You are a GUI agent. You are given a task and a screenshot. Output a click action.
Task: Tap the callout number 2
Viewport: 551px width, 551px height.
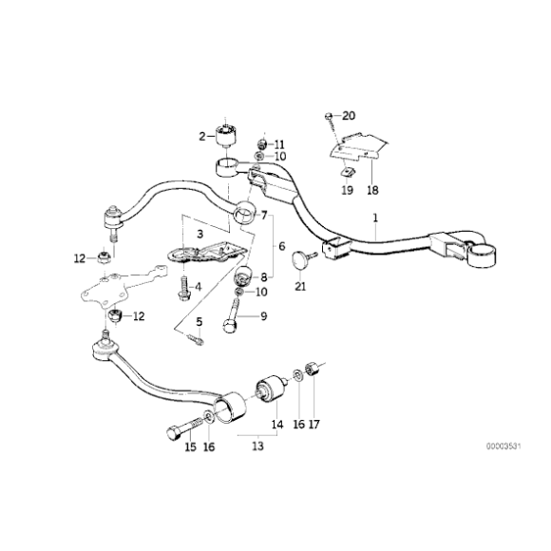point(201,136)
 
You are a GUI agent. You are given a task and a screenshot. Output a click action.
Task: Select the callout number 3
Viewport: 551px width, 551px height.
point(199,233)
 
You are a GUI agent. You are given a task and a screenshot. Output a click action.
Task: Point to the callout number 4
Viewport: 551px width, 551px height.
point(198,285)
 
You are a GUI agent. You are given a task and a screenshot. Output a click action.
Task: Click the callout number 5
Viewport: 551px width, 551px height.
point(199,322)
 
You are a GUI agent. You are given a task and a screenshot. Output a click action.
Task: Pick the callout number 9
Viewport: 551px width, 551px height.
point(265,315)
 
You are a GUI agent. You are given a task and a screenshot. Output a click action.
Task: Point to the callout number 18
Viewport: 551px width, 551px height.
point(371,189)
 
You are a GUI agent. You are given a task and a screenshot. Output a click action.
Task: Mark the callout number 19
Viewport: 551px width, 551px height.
point(346,189)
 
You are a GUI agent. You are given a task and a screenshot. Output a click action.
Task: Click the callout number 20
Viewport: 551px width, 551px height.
point(348,116)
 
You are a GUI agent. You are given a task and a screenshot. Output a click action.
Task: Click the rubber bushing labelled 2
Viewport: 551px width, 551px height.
point(228,133)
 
